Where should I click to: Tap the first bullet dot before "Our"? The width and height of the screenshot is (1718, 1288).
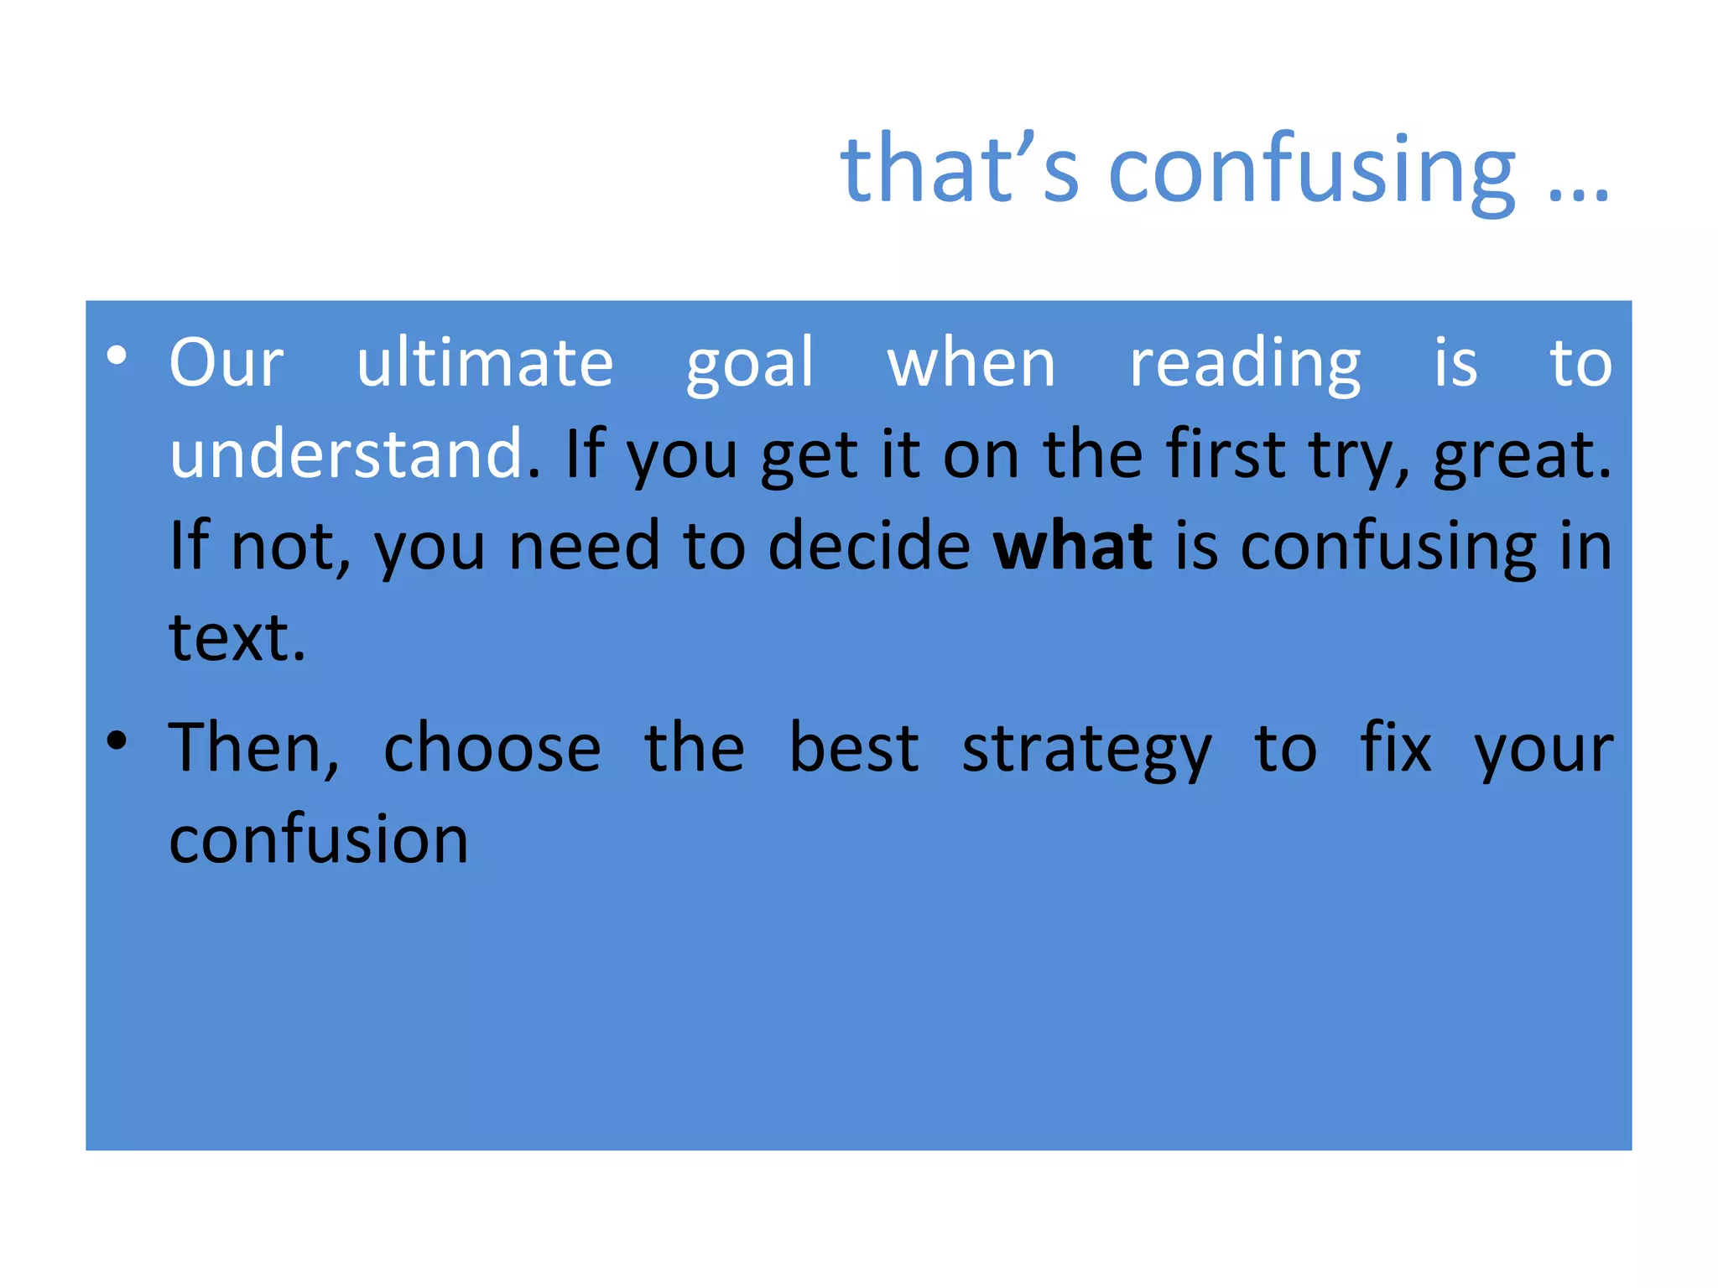[117, 356]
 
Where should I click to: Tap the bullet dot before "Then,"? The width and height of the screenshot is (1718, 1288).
[117, 740]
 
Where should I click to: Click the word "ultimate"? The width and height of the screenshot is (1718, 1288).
[485, 362]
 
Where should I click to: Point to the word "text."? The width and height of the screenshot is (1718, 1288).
[237, 637]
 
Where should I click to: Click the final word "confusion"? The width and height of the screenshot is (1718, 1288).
[319, 839]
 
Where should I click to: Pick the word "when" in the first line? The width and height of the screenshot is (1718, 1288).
[971, 364]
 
